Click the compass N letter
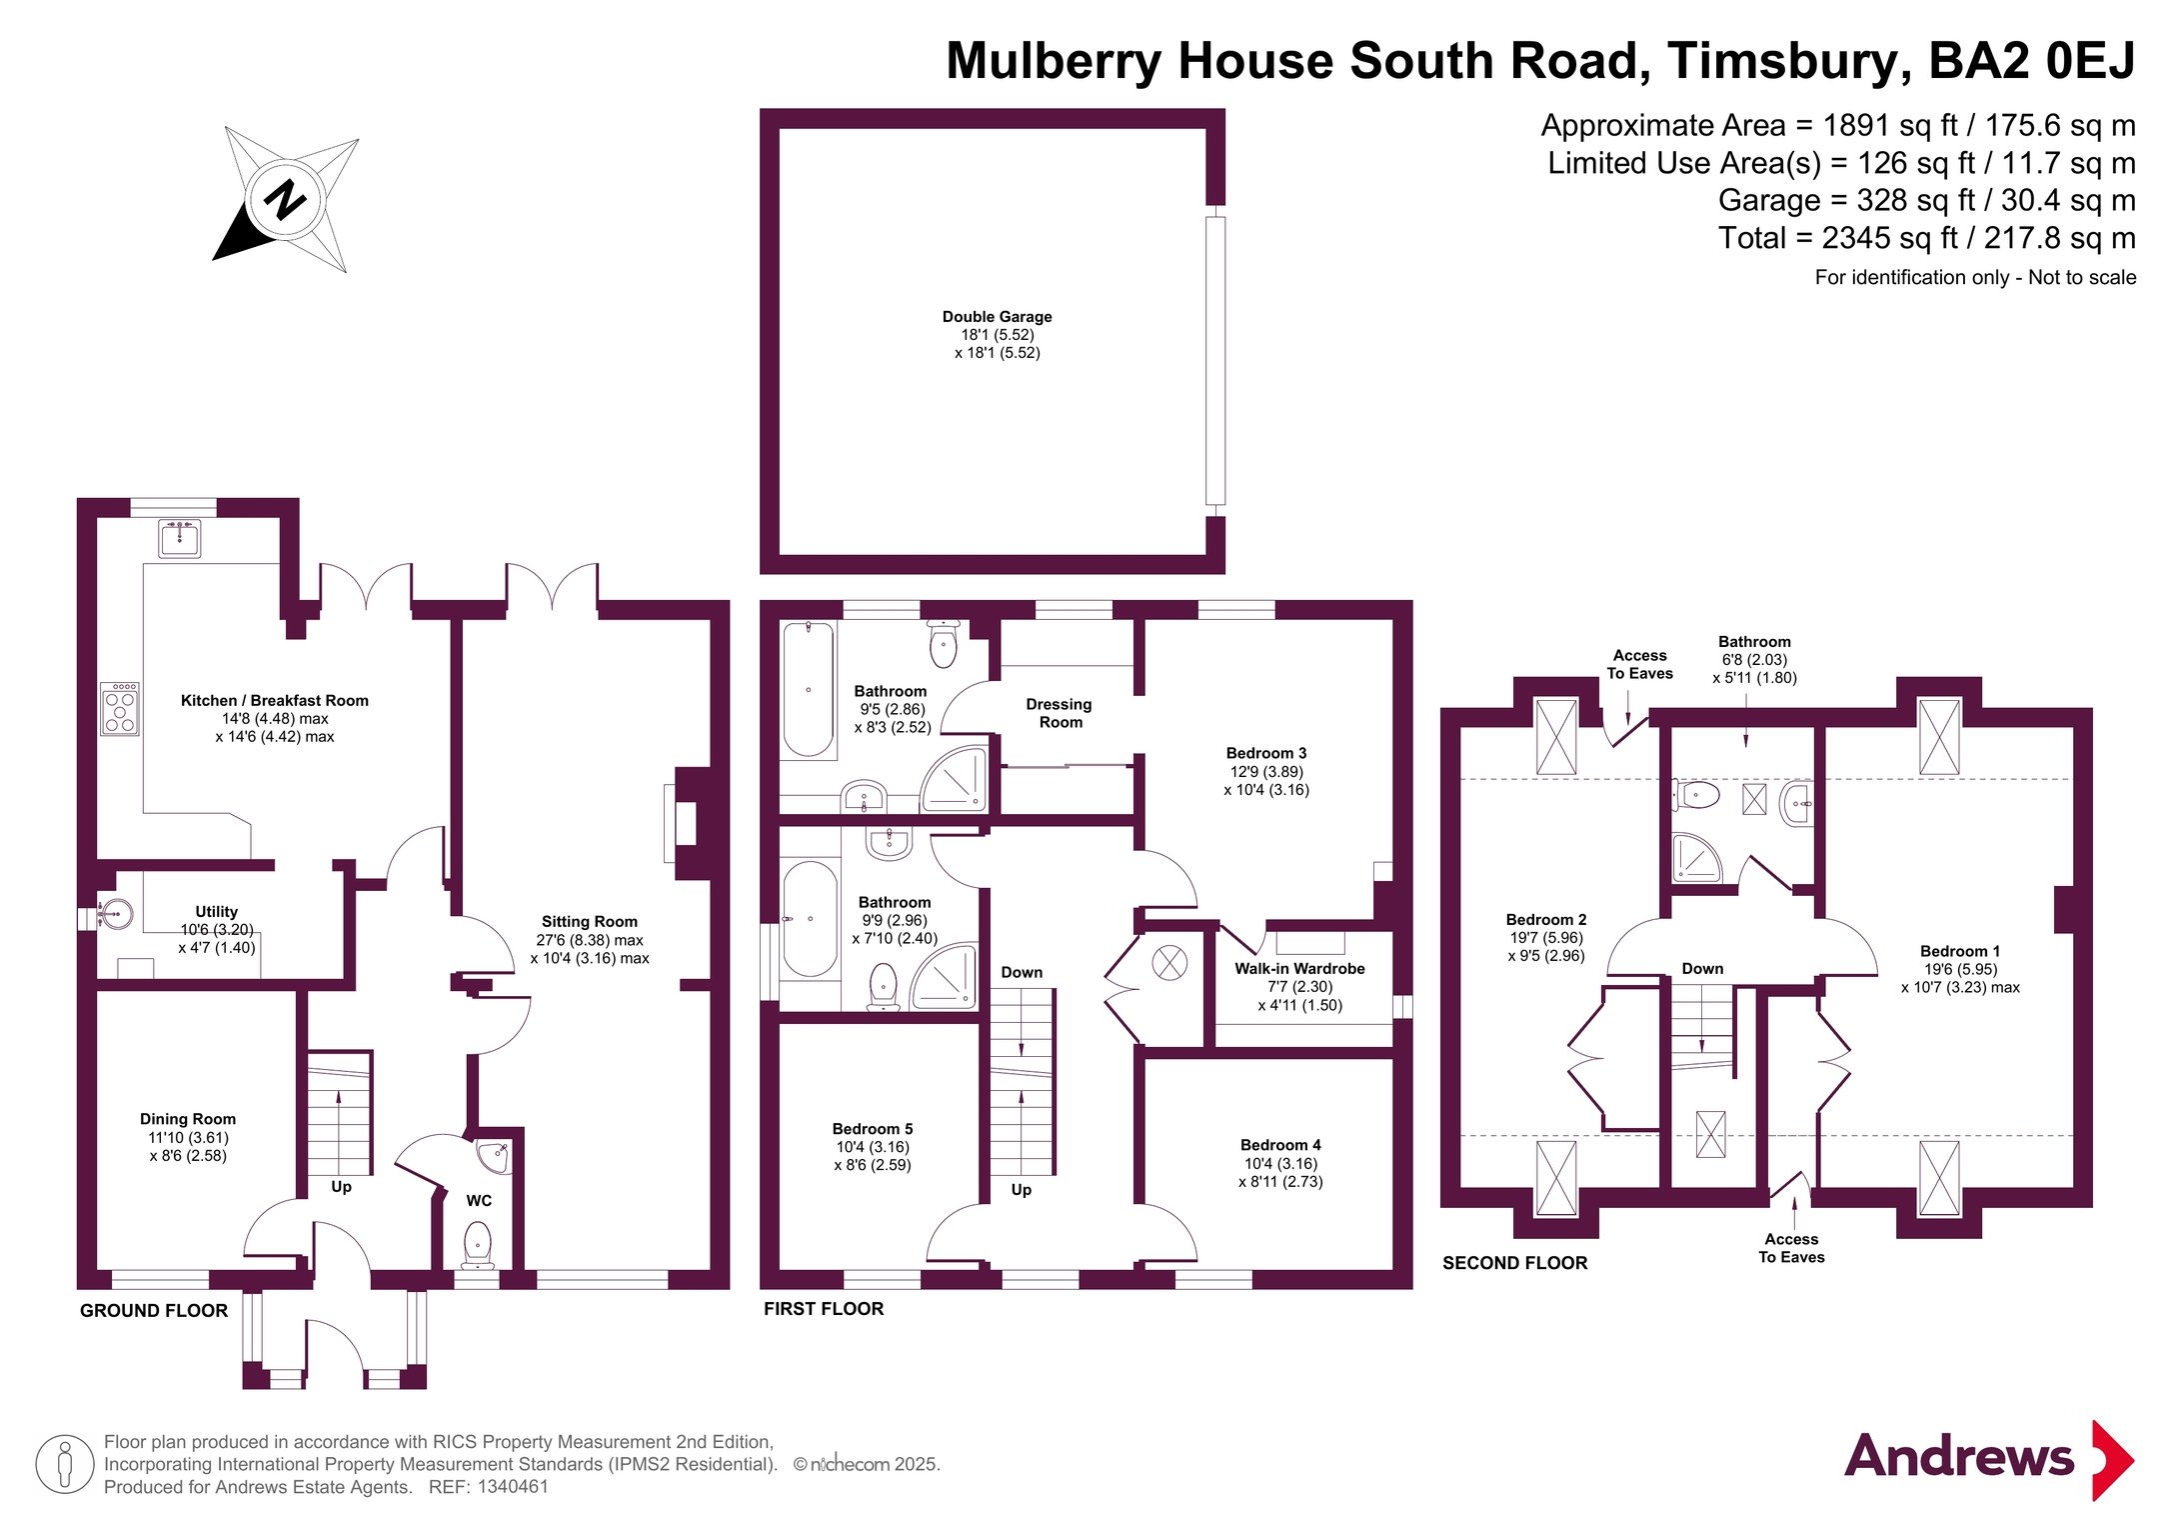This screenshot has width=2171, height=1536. (285, 199)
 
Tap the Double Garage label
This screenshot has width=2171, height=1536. (997, 316)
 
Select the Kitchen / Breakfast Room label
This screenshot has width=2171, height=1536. (275, 700)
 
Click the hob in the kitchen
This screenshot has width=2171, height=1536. (120, 709)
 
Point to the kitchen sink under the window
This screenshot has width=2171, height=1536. (180, 538)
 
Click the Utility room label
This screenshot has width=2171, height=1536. (216, 911)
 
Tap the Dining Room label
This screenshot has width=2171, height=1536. (188, 1119)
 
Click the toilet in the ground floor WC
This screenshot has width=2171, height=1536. (478, 1247)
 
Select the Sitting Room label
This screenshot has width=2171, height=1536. (589, 921)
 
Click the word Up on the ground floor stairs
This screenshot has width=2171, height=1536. (341, 1187)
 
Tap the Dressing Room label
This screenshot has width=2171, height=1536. (1060, 713)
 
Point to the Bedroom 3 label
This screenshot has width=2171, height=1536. (1266, 753)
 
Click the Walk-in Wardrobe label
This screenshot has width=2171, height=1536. (1299, 968)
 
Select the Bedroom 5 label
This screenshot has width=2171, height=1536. (873, 1129)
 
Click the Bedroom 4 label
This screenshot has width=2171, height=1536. (1280, 1145)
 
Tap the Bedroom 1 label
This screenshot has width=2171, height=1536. (1960, 951)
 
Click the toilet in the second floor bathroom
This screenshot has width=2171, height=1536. (1697, 796)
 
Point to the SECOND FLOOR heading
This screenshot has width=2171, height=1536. (1514, 1263)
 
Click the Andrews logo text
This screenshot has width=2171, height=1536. (1959, 1456)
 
